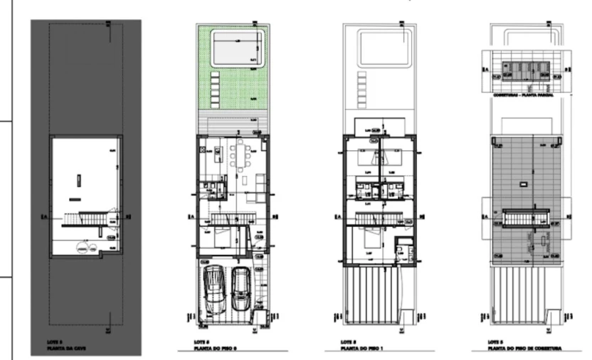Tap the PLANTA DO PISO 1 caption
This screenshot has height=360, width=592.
click(360, 348)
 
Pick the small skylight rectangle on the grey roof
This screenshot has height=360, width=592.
click(524, 184)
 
